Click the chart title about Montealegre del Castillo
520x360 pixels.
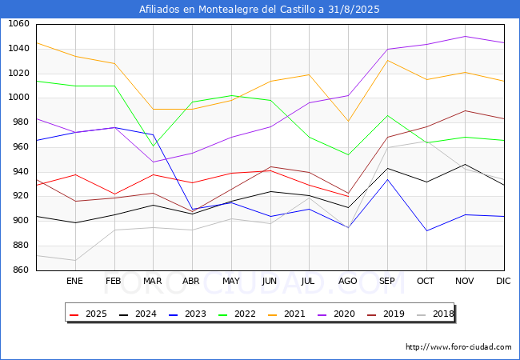[x=259, y=10]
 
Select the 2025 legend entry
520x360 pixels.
[x=87, y=314]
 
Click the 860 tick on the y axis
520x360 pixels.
[x=20, y=270]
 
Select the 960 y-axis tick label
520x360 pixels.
[x=20, y=147]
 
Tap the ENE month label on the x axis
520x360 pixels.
[x=74, y=281]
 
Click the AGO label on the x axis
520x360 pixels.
[x=348, y=281]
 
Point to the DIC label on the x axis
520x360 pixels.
[x=503, y=281]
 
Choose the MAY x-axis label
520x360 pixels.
[x=230, y=281]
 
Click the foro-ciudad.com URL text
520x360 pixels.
[x=458, y=347]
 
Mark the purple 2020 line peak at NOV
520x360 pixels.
[x=465, y=36]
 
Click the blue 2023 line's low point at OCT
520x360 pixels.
[x=426, y=231]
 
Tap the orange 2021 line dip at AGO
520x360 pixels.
[x=348, y=122]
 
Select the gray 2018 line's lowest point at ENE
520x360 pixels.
[x=74, y=260]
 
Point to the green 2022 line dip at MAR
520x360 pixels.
[x=153, y=146]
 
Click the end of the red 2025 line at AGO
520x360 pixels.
[x=348, y=196]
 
